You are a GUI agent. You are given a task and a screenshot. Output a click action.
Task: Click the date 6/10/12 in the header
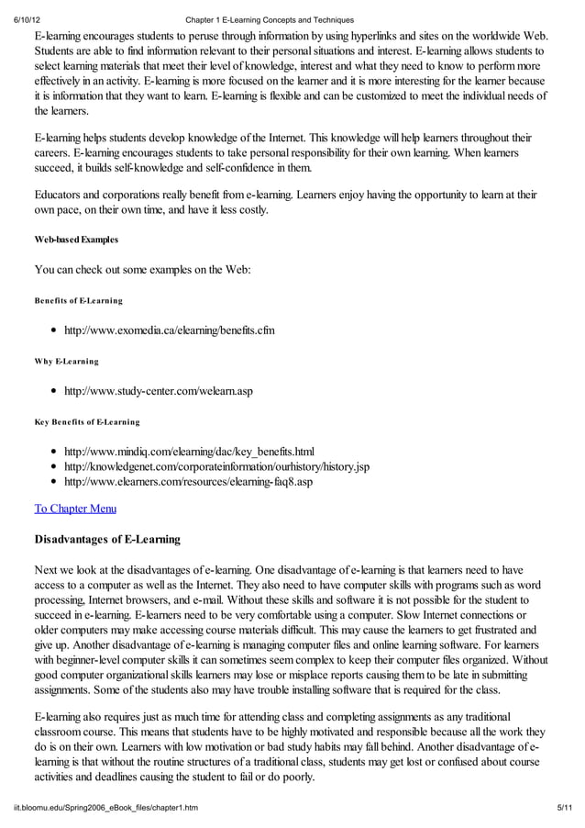[19, 19]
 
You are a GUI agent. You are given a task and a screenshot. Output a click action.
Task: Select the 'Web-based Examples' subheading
[76, 240]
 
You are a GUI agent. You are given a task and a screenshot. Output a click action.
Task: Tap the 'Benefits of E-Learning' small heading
[78, 300]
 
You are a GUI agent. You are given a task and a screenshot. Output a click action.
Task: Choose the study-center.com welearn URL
[158, 390]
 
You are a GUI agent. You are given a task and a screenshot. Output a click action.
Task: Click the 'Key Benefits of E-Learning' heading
[87, 421]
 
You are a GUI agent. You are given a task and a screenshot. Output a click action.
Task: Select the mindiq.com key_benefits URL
[189, 451]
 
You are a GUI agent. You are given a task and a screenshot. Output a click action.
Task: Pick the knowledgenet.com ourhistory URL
[216, 466]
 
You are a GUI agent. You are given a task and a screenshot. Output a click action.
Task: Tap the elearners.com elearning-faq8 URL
[188, 481]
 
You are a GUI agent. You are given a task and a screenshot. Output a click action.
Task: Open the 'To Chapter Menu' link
[75, 508]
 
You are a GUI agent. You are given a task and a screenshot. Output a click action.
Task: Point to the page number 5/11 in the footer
[565, 807]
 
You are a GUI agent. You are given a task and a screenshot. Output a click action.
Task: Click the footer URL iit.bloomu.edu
[105, 807]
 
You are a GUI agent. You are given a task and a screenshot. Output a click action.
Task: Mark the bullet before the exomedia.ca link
[56, 330]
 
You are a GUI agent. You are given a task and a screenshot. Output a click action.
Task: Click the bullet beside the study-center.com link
[56, 390]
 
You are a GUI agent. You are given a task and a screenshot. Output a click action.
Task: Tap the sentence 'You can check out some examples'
[136, 269]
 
